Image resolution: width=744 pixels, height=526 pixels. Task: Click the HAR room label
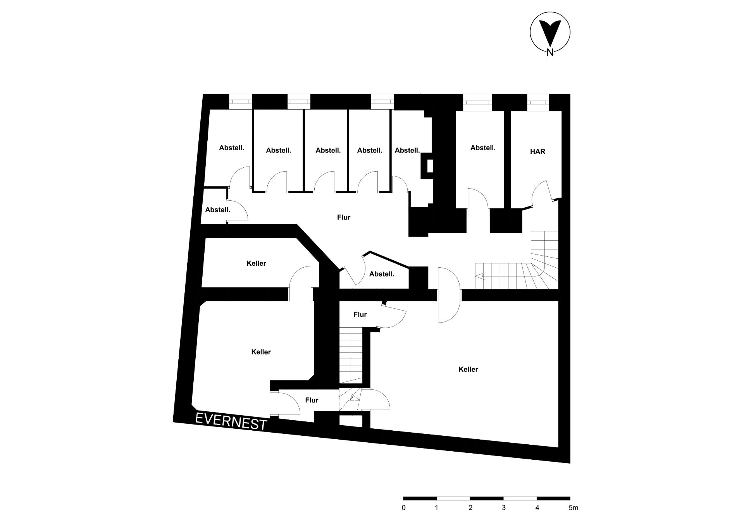537,151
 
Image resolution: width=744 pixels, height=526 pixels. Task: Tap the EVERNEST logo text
231,421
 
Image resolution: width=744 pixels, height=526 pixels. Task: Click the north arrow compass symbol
550,32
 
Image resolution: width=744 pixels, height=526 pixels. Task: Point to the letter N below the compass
550,53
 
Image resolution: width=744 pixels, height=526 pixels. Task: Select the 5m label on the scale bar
573,507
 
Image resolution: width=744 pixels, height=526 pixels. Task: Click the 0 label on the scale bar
404,507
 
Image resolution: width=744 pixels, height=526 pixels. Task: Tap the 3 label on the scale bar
504,507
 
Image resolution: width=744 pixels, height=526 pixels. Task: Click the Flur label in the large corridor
344,217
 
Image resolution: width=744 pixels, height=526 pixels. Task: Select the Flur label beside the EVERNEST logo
312,400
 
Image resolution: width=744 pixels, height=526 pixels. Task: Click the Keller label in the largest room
468,370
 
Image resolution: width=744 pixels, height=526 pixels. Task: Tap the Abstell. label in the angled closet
382,274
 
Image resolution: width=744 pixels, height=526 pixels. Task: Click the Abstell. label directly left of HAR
483,148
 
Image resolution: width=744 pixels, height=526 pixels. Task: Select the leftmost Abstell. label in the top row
232,148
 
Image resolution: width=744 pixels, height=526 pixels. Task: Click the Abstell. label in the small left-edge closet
218,210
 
